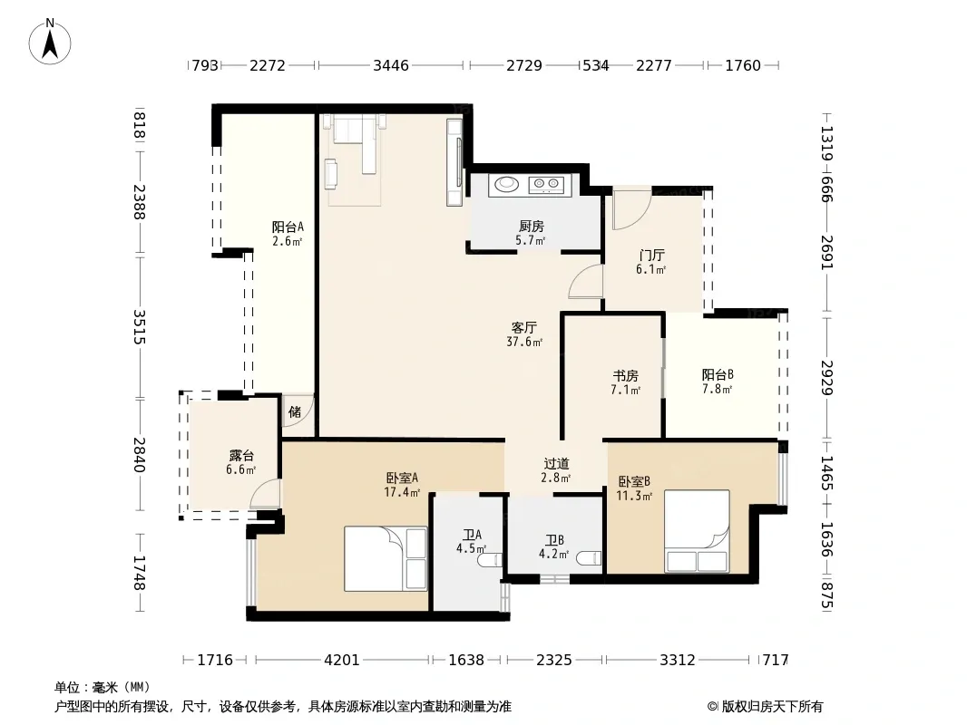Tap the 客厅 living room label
(524, 328)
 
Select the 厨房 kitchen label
(531, 226)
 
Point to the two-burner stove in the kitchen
(547, 183)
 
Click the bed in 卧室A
(386, 558)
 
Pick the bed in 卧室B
(697, 531)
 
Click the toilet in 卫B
(589, 558)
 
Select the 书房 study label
(625, 375)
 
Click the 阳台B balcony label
(718, 374)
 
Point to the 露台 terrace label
(241, 455)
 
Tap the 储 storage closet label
(295, 411)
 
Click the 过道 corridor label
(556, 463)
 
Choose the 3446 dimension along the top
(391, 65)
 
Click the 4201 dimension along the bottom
(342, 660)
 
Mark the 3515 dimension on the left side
(140, 326)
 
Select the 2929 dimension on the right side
(827, 378)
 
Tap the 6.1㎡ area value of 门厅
(650, 269)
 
